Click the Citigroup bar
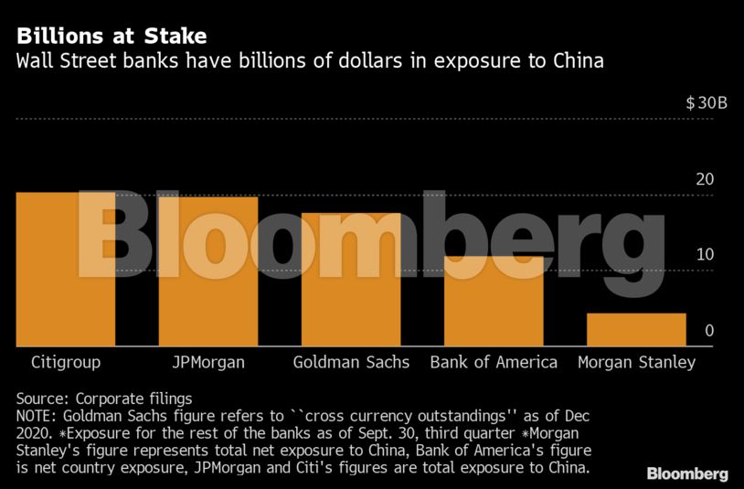coord(66,270)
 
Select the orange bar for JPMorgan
coord(208,271)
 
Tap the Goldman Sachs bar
coord(351,280)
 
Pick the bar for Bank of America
coord(494,302)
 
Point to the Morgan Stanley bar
coord(636,330)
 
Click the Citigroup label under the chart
coord(66,362)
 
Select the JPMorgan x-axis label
coord(208,362)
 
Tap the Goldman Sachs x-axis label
coord(351,362)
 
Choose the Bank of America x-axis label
coord(494,362)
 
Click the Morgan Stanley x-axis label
coord(636,362)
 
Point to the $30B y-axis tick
coord(707,103)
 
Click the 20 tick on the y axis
coord(705,179)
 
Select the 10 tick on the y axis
coord(705,254)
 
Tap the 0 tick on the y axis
coord(709,331)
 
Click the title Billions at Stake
coord(111,37)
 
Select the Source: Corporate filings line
coord(104,399)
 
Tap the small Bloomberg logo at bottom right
coord(687,473)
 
